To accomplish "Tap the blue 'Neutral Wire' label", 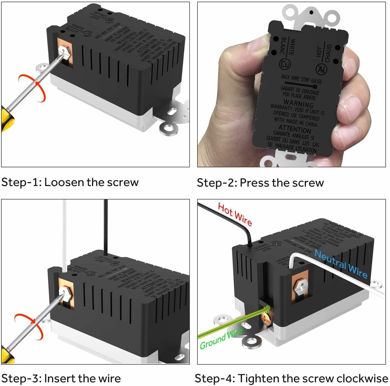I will [341, 264].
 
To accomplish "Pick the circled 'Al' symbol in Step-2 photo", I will [321, 69].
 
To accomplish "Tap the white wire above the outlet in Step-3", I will [65, 232].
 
